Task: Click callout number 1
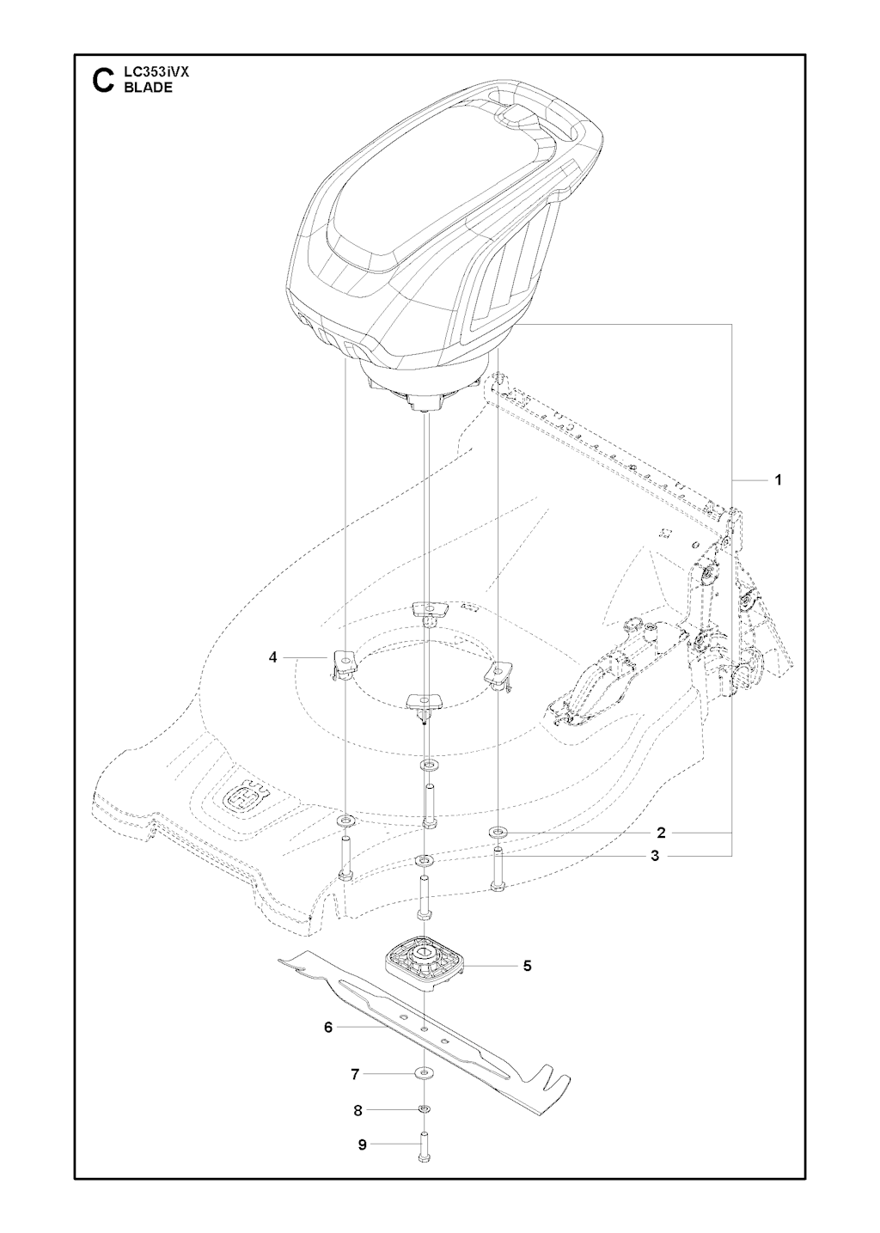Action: tap(778, 480)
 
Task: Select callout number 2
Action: tap(662, 848)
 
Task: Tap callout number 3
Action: tap(655, 872)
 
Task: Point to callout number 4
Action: tap(272, 657)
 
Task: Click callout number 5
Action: tap(527, 966)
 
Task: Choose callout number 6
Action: tap(328, 1027)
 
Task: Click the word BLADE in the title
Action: tap(148, 88)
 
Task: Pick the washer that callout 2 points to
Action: tap(498, 846)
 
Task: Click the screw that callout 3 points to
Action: tap(498, 887)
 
